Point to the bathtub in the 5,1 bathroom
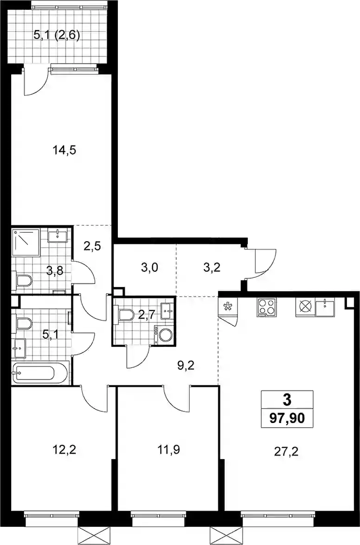[x=34, y=373]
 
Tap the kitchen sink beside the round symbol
[x=325, y=308]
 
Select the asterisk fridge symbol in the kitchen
[x=228, y=307]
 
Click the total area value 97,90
[x=287, y=418]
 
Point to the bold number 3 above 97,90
[x=287, y=400]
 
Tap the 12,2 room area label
[x=64, y=450]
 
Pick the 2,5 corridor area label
[x=92, y=246]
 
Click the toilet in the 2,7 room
[x=125, y=314]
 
